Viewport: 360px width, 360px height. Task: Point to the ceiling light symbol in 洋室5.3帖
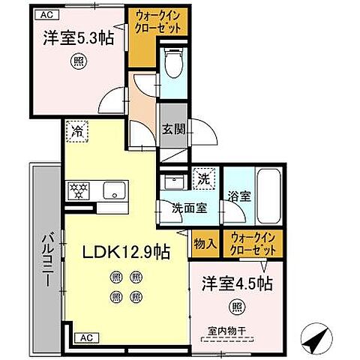(76, 63)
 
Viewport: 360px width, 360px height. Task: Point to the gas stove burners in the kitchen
(79, 188)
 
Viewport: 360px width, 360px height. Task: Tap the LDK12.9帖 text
(121, 253)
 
